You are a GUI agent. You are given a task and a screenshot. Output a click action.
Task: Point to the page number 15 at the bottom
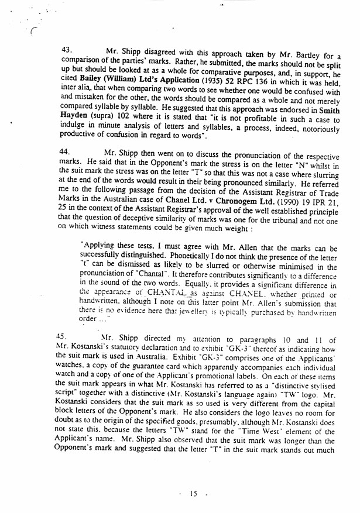(x=192, y=494)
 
